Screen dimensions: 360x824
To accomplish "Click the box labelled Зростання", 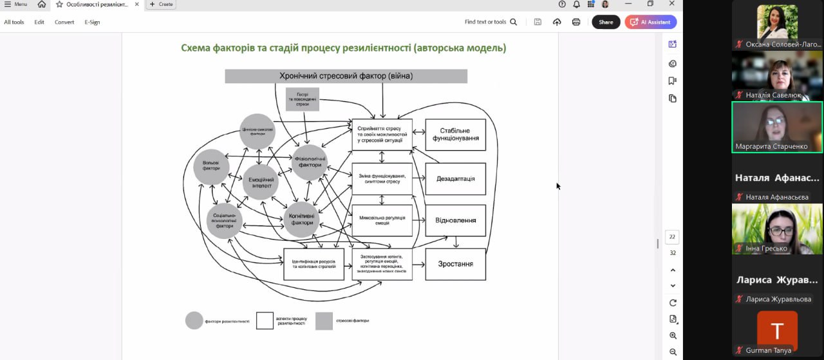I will coord(455,264).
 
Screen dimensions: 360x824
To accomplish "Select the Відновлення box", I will coord(455,220).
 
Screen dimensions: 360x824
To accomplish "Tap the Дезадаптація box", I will coord(455,178).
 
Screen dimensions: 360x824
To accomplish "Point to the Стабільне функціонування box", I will coord(455,135).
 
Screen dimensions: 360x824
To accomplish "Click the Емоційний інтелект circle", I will coord(260,182).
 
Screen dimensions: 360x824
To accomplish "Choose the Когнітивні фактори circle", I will coord(302,220).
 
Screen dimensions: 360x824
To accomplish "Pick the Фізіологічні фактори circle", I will coord(310,162).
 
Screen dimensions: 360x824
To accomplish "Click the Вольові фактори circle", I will coord(211,166).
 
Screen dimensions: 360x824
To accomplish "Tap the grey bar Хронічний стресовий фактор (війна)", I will coord(346,76).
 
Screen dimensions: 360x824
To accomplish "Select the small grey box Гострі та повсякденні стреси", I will coord(303,99).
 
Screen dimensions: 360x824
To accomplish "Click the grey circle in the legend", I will coord(194,321).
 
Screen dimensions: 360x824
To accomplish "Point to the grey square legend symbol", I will coord(324,321).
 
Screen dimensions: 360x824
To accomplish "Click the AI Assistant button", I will coord(650,22).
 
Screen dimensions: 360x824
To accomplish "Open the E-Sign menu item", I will coord(92,22).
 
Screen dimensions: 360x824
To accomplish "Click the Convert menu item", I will coord(64,22).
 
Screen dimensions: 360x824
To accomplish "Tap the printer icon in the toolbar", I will coord(576,22).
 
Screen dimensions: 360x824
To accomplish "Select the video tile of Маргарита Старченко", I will coord(777,127).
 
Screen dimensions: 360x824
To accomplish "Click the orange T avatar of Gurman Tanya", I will coord(777,330).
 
